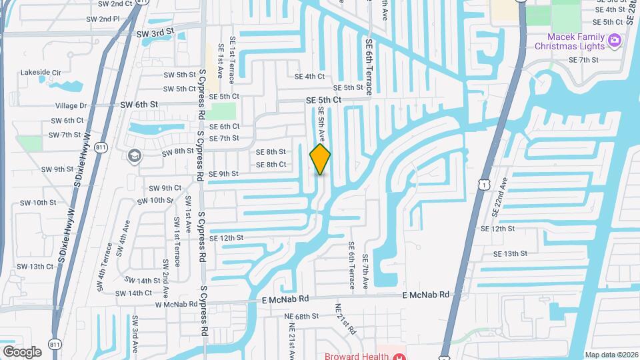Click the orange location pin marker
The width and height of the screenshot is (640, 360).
pos(320,159)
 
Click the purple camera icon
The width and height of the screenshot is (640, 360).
pos(615,41)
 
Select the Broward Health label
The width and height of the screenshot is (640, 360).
pos(357,355)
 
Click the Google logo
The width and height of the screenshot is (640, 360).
pos(21,352)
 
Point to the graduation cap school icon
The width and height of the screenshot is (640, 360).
pos(134,155)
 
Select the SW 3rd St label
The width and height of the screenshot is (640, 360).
pos(155,32)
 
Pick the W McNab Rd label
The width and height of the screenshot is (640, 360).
pos(176,304)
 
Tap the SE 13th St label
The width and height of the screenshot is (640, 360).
pos(510,253)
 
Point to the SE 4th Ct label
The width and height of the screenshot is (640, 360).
pos(309,76)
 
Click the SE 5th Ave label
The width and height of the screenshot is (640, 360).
pos(321,123)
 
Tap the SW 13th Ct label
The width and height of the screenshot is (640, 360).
pos(36,267)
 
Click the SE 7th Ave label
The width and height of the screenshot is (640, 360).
pos(365,271)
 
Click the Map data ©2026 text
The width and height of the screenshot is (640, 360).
pos(611,355)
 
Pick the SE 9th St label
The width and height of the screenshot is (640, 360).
pos(223,174)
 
